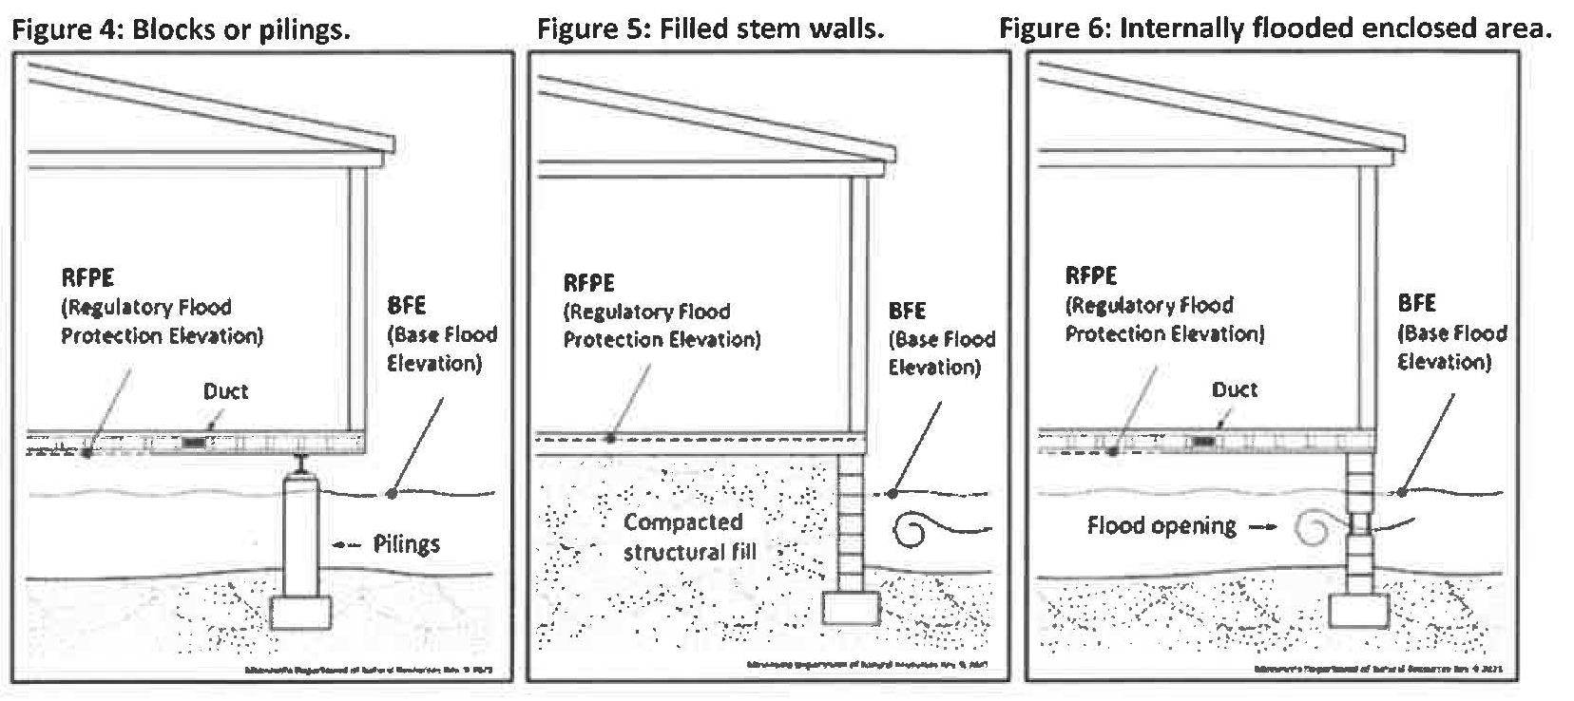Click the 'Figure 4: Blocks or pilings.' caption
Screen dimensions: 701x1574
click(181, 28)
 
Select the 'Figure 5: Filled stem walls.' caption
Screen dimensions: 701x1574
click(710, 28)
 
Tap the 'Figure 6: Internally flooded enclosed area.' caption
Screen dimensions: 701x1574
click(1275, 28)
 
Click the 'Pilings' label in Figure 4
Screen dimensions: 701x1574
click(406, 544)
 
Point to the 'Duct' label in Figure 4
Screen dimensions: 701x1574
click(225, 391)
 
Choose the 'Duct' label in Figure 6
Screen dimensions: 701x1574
click(1234, 389)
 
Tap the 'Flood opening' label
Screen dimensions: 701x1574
click(1161, 526)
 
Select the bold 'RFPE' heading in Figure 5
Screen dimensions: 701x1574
click(588, 283)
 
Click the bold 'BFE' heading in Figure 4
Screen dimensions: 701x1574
click(407, 306)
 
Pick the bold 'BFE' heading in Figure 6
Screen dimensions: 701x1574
click(1415, 304)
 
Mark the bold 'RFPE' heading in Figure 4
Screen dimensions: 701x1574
click(87, 277)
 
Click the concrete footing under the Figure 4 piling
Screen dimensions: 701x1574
click(301, 612)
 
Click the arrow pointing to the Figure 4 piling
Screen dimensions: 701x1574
click(348, 544)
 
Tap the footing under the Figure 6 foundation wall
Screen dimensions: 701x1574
click(1358, 609)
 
